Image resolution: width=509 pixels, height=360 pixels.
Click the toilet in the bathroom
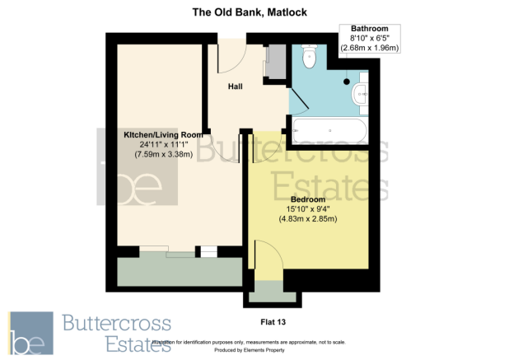pyautogui.click(x=309, y=57)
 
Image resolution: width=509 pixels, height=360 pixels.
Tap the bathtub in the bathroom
pyautogui.click(x=329, y=130)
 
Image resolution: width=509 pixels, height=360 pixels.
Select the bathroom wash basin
pyautogui.click(x=360, y=96)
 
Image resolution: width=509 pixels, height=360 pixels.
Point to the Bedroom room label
pyautogui.click(x=308, y=199)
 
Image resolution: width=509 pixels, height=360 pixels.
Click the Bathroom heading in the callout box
pyautogui.click(x=369, y=29)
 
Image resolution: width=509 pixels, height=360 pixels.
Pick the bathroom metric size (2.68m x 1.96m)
pyautogui.click(x=370, y=49)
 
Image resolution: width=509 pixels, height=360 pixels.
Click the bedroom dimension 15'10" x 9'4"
pyautogui.click(x=308, y=208)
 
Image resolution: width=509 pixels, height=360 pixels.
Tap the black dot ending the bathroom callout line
pyautogui.click(x=348, y=81)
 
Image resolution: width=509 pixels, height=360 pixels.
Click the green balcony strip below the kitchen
pyautogui.click(x=180, y=270)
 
